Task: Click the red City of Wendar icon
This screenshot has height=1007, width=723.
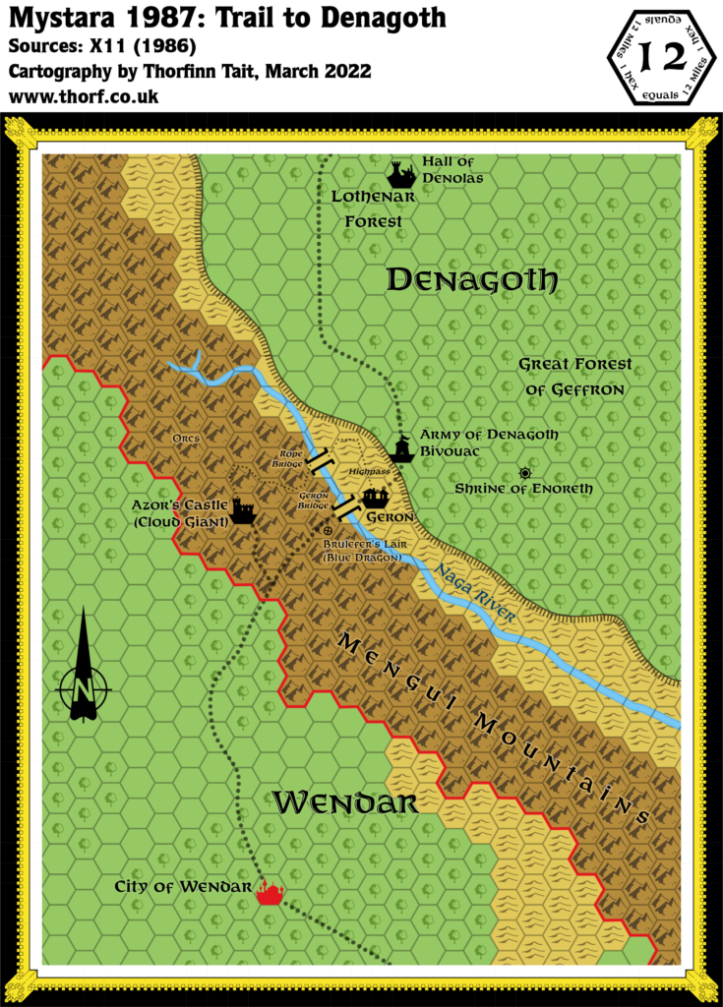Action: [x=270, y=893]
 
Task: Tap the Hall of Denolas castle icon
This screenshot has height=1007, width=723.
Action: [x=399, y=174]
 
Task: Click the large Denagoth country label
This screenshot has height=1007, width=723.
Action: [x=472, y=280]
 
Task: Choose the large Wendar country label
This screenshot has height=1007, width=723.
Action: [x=344, y=802]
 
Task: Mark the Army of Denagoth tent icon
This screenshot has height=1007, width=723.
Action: [x=400, y=450]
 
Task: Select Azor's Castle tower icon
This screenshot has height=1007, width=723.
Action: [x=244, y=511]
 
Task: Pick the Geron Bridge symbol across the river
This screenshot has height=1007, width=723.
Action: [x=343, y=505]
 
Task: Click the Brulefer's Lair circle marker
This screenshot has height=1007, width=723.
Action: [x=328, y=531]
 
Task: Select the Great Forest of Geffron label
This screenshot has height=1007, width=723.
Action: [x=574, y=377]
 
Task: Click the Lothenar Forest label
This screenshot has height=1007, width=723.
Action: [x=373, y=208]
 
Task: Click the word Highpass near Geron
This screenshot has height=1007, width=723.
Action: [x=370, y=473]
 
